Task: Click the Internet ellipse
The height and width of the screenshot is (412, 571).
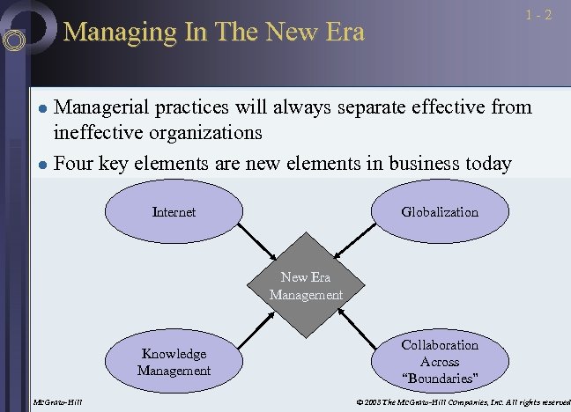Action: pyautogui.click(x=174, y=212)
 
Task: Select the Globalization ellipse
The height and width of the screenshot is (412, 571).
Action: pyautogui.click(x=439, y=212)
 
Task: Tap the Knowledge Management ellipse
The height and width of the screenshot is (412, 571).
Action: pyautogui.click(x=174, y=362)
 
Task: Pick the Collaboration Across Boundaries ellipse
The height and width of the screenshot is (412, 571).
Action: pyautogui.click(x=439, y=361)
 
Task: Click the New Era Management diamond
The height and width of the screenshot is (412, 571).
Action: pyautogui.click(x=306, y=287)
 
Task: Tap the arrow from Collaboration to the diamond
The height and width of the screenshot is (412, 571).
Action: pyautogui.click(x=357, y=327)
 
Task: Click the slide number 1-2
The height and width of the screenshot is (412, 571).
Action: pyautogui.click(x=539, y=15)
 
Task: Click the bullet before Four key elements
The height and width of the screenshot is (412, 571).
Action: pyautogui.click(x=41, y=164)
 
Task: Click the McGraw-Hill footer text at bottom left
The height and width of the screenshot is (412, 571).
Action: pyautogui.click(x=57, y=403)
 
